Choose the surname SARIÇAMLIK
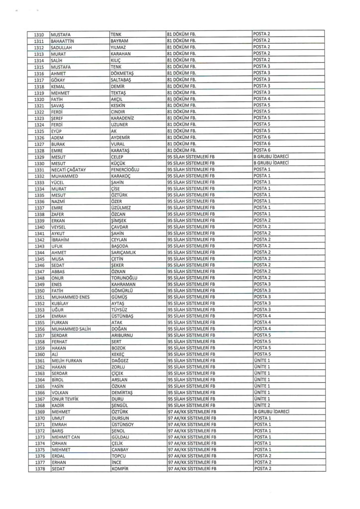[x=126, y=252]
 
